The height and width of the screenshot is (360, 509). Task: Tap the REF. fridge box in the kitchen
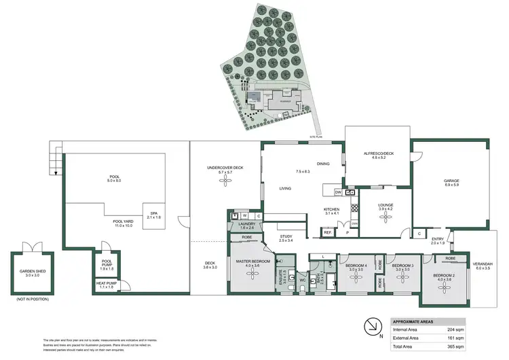coord(327,233)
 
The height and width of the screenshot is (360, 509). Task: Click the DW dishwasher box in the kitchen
coord(337,193)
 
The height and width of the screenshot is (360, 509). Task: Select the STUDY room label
coord(286,238)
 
